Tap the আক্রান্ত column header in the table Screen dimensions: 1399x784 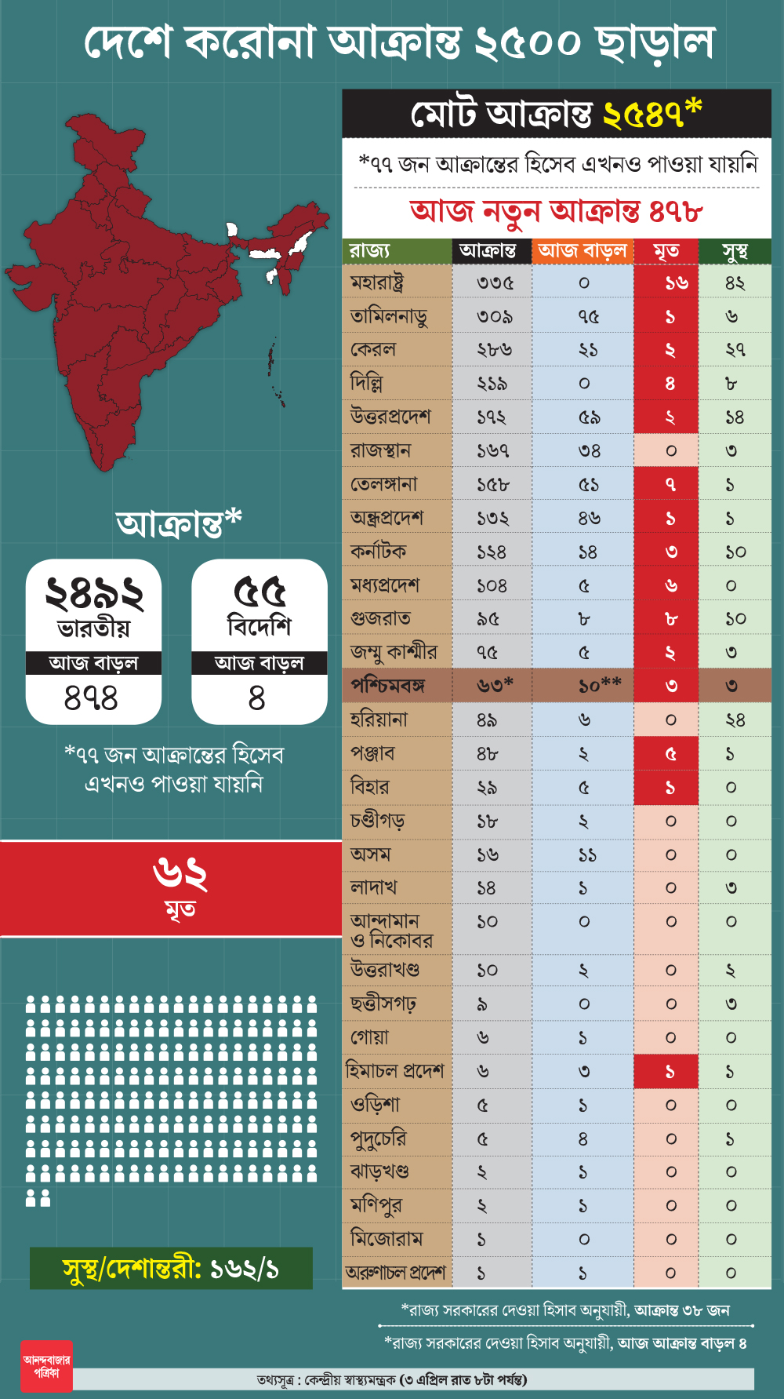[x=488, y=251]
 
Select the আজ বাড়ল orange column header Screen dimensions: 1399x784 [x=583, y=251]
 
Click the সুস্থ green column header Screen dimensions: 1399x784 [x=735, y=251]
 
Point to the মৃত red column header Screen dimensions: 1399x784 [x=666, y=251]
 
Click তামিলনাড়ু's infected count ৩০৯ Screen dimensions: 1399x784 [x=494, y=317]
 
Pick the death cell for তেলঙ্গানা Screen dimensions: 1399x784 [x=670, y=485]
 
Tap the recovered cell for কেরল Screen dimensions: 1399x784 [x=735, y=350]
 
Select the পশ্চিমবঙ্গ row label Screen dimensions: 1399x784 [x=388, y=686]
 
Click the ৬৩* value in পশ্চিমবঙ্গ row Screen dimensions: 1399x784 [x=495, y=686]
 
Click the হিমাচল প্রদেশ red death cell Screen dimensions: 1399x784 [x=670, y=1072]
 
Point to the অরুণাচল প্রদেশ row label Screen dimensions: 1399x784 [x=395, y=1273]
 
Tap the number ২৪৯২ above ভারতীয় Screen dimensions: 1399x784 [x=94, y=593]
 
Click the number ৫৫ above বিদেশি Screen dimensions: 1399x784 [x=260, y=592]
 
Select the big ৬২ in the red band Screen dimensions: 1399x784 [x=180, y=874]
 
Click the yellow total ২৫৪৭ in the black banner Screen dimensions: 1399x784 [x=643, y=115]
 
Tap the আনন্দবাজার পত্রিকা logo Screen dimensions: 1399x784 [x=46, y=1367]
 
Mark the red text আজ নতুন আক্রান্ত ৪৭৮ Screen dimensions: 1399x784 [x=556, y=211]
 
